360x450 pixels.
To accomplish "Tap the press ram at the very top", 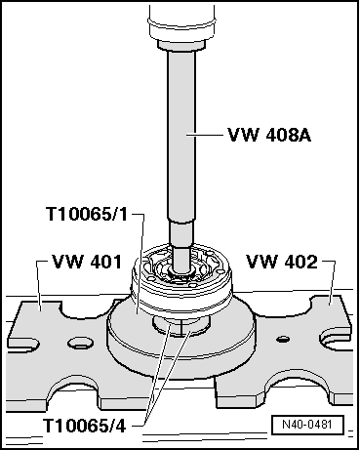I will pyautogui.click(x=180, y=20).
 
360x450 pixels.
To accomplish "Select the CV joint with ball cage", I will pyautogui.click(x=180, y=266).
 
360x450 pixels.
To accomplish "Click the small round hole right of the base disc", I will pyautogui.click(x=282, y=339).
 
